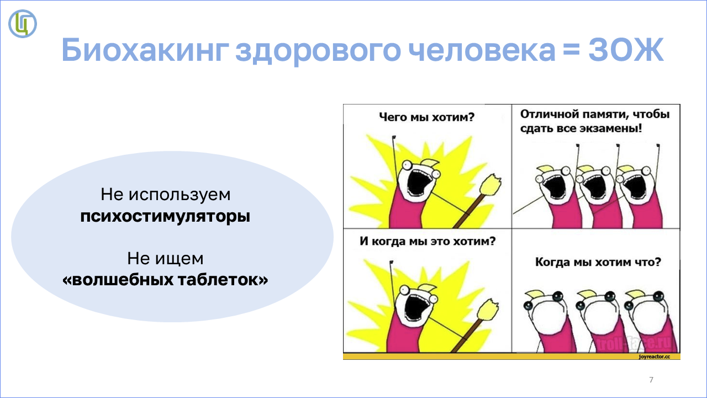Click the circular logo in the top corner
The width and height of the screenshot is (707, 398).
[23, 24]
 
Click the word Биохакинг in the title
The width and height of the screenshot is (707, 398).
[145, 50]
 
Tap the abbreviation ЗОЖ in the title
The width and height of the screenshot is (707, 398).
[626, 50]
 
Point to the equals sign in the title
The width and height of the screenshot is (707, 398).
[572, 50]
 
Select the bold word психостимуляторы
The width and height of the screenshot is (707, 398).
[165, 217]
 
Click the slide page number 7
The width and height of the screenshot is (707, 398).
[651, 380]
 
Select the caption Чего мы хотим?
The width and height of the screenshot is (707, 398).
[427, 117]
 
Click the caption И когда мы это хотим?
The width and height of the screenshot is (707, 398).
[428, 242]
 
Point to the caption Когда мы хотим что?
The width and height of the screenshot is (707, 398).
[598, 262]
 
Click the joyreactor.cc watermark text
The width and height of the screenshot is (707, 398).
[655, 357]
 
